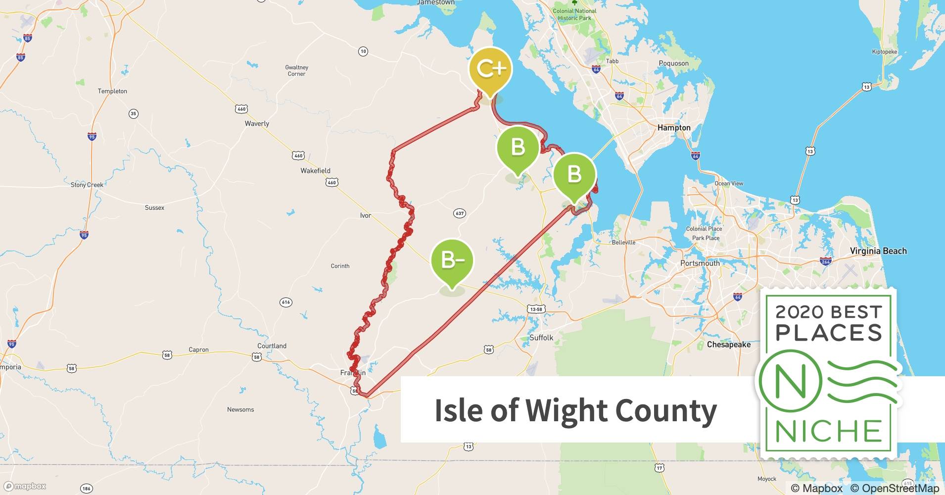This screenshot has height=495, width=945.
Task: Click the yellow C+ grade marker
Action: coord(490,69)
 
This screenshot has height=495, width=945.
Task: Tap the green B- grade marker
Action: coord(452,260)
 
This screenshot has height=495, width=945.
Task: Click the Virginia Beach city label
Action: coord(878,251)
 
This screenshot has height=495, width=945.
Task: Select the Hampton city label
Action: coord(673,128)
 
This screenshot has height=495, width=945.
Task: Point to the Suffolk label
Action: coord(541,338)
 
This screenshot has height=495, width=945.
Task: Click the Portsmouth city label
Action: coord(700,263)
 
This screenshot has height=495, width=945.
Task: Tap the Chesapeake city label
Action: coord(728,345)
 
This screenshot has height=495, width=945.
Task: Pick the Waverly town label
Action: coord(257,124)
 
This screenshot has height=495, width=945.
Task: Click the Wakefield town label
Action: coord(315,171)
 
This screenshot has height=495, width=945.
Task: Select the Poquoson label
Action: coord(673,63)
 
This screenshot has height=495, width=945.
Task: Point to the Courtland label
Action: coord(272,346)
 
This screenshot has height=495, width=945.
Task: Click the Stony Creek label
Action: coord(87,185)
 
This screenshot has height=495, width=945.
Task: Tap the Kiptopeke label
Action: coord(884,51)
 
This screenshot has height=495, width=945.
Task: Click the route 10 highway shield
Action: coord(363,51)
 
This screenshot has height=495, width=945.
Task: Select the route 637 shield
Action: coord(460,213)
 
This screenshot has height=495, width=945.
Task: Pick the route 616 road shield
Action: coord(285,302)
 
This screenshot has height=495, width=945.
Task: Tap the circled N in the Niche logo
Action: coord(790,381)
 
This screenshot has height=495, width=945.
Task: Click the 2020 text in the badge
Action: coord(799,312)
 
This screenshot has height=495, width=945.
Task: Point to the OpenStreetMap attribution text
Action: coord(900,488)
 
